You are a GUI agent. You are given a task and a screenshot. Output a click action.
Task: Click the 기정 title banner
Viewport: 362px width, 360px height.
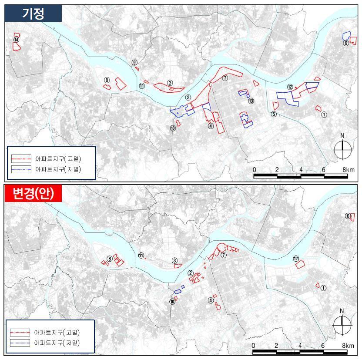(33, 13)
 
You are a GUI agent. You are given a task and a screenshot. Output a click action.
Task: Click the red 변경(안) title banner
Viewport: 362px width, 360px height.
(33, 193)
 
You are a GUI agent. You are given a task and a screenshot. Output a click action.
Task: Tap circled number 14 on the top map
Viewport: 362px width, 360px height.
(16, 40)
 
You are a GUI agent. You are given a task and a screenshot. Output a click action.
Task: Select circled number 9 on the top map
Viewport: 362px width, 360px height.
(135, 63)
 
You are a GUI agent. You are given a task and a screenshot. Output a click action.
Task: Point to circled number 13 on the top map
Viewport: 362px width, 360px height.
(251, 101)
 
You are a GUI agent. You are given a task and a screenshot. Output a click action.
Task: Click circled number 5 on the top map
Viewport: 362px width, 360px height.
(274, 114)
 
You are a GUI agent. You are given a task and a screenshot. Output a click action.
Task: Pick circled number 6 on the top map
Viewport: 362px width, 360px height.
(345, 43)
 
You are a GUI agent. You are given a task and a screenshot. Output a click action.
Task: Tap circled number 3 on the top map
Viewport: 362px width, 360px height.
(170, 82)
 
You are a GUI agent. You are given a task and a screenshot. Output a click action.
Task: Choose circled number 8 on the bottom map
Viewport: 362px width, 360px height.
(110, 259)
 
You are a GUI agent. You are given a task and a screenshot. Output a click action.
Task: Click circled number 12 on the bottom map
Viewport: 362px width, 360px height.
(296, 259)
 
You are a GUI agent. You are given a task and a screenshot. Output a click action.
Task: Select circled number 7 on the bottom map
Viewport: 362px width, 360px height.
(224, 255)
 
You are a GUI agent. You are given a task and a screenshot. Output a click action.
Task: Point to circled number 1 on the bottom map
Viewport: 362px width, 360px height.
(323, 288)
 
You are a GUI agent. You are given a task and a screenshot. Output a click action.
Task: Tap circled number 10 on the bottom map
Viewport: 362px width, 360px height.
(173, 301)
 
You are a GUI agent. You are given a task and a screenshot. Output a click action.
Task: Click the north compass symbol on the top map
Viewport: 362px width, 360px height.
(342, 150)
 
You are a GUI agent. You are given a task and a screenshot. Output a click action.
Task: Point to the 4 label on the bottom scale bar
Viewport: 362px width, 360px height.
(300, 346)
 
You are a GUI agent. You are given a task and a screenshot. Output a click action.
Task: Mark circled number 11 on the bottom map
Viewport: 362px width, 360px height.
(141, 256)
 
